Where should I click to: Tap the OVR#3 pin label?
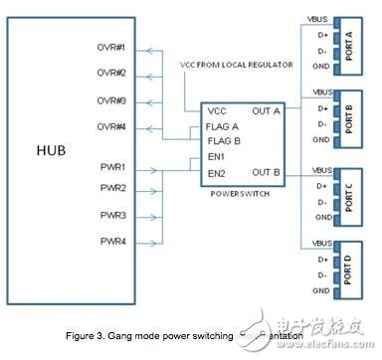[x=111, y=100]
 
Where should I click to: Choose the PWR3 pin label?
[x=112, y=215]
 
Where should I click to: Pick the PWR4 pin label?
[x=112, y=241]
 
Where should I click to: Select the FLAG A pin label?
[x=222, y=126]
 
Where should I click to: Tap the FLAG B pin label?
[x=222, y=141]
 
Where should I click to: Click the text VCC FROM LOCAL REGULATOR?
[x=235, y=65]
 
